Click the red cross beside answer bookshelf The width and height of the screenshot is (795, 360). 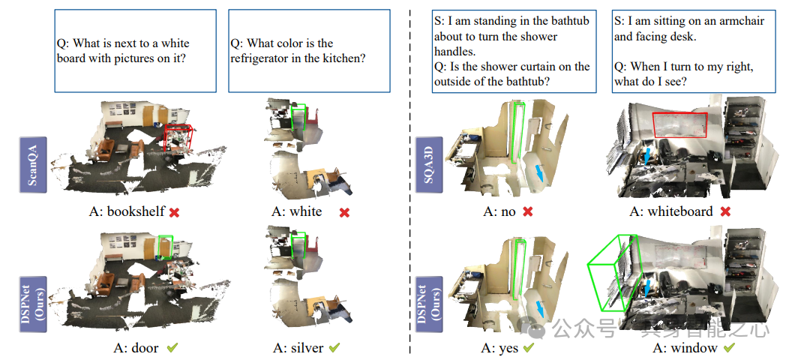tap(175, 212)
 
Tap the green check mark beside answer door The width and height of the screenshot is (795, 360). tap(172, 348)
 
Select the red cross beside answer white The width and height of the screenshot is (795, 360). tap(345, 212)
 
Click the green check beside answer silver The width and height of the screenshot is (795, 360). tap(334, 348)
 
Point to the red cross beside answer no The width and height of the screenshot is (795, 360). tap(528, 212)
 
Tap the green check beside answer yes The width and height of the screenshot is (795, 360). tap(529, 349)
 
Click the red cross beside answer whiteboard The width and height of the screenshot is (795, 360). tap(725, 212)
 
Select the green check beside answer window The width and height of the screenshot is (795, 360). tap(728, 349)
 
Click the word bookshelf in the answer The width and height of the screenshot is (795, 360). tap(136, 212)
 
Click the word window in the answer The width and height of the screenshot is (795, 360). tap(695, 349)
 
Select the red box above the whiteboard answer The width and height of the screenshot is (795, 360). tap(680, 124)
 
